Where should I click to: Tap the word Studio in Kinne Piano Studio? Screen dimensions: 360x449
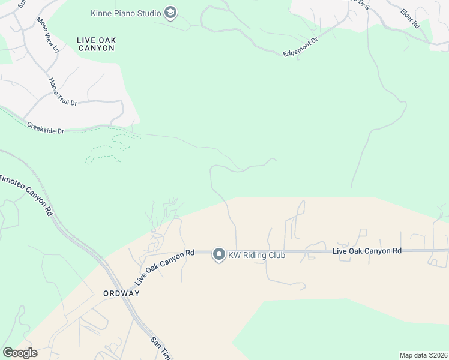pos(148,13)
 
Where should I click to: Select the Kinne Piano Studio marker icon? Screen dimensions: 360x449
pos(170,13)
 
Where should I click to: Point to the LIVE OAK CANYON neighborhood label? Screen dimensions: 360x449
pos(96,44)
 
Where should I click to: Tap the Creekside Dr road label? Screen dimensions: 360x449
pos(45,128)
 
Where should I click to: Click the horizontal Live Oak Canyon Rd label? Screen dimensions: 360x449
pos(366,250)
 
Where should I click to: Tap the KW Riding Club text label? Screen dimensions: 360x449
pos(256,256)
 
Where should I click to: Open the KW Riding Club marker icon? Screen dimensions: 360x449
pos(219,255)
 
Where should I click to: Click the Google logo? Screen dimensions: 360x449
pos(20,353)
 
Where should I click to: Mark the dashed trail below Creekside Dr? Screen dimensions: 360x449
pos(111,148)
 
